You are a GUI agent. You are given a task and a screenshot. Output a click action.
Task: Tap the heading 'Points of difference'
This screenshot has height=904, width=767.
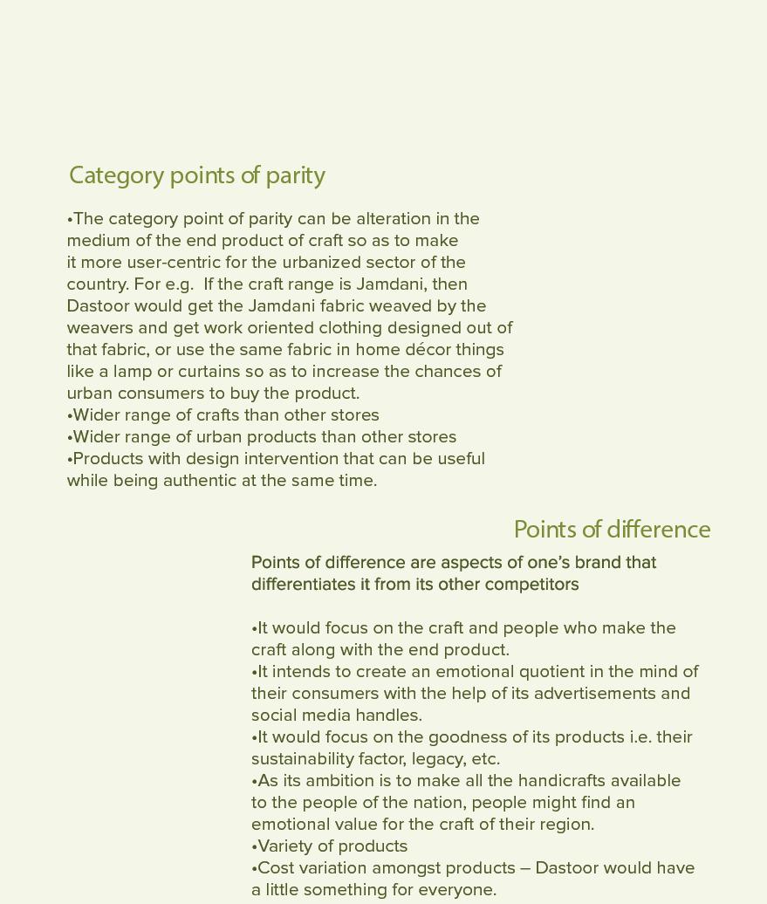coord(612,530)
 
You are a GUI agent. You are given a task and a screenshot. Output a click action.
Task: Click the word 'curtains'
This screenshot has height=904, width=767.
coord(209,372)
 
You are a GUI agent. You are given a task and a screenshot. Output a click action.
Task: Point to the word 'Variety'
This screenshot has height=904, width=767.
coord(286,846)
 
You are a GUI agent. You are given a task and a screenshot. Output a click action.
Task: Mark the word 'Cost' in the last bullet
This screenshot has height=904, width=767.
coord(275,868)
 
